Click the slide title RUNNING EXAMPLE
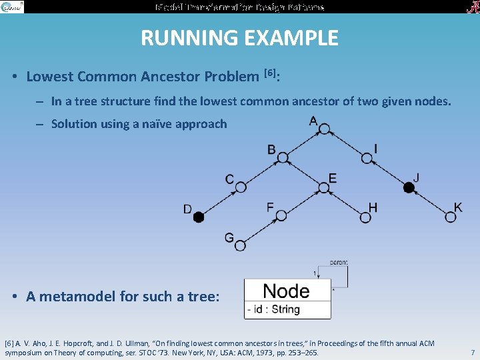coord(239,38)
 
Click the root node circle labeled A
coord(324,129)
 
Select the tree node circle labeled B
coord(283,158)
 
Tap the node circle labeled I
coord(367,158)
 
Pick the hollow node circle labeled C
coord(241,187)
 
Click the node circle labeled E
coord(324,187)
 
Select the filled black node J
coord(409,187)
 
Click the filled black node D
coord(198,217)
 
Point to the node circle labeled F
coord(281,215)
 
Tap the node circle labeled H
coord(365,217)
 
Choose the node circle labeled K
coord(451,217)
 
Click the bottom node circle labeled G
coord(240,245)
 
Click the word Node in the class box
coord(286,291)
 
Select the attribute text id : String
coord(273,309)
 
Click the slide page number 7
coord(472,351)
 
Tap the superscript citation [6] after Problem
coord(270,72)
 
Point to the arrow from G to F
coord(260,231)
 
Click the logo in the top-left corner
coord(12,7)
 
